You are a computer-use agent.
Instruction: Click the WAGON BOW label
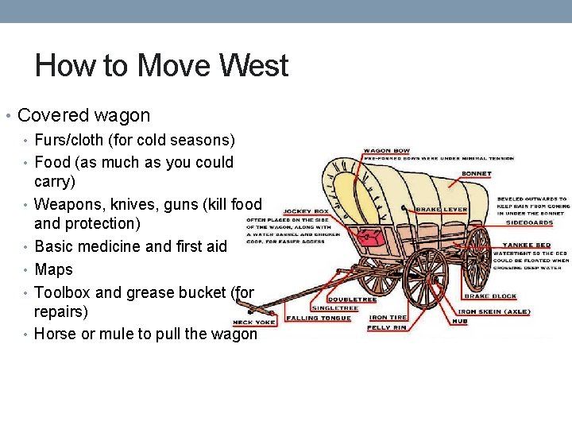pos(387,151)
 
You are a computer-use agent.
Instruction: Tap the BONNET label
pos(476,174)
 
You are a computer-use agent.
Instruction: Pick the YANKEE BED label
pos(527,245)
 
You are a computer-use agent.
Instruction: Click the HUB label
pos(458,321)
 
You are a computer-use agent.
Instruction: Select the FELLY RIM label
pos(388,327)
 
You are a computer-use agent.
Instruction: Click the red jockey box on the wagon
pos(367,236)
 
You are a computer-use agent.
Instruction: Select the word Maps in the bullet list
pos(54,269)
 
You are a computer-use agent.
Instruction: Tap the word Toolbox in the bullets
pos(64,292)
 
